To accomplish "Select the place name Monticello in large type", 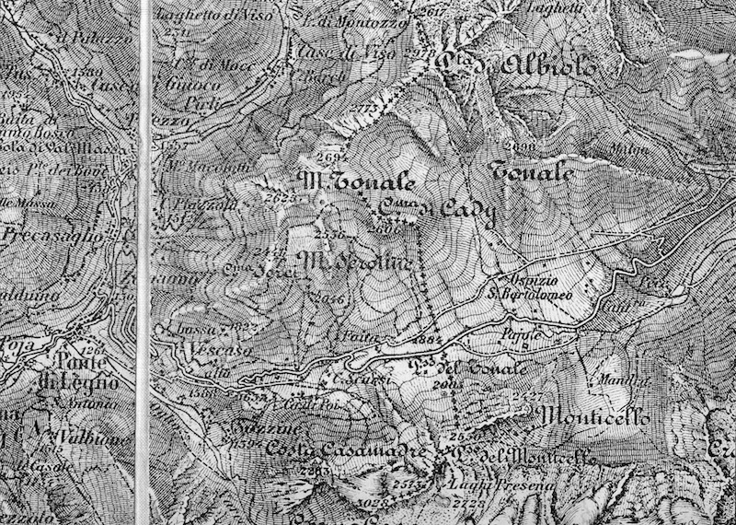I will [598, 417].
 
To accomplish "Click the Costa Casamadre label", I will [345, 450].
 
